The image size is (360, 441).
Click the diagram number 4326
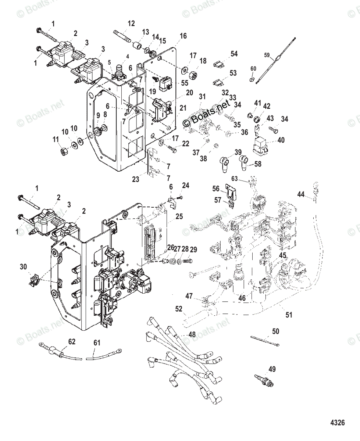(x=338, y=422)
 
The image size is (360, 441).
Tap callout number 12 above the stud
(x=131, y=24)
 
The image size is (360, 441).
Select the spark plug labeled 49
(x=264, y=381)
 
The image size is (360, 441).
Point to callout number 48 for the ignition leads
(x=192, y=334)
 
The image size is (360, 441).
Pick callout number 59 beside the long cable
(x=267, y=55)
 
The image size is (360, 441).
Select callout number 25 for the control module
(x=179, y=216)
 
